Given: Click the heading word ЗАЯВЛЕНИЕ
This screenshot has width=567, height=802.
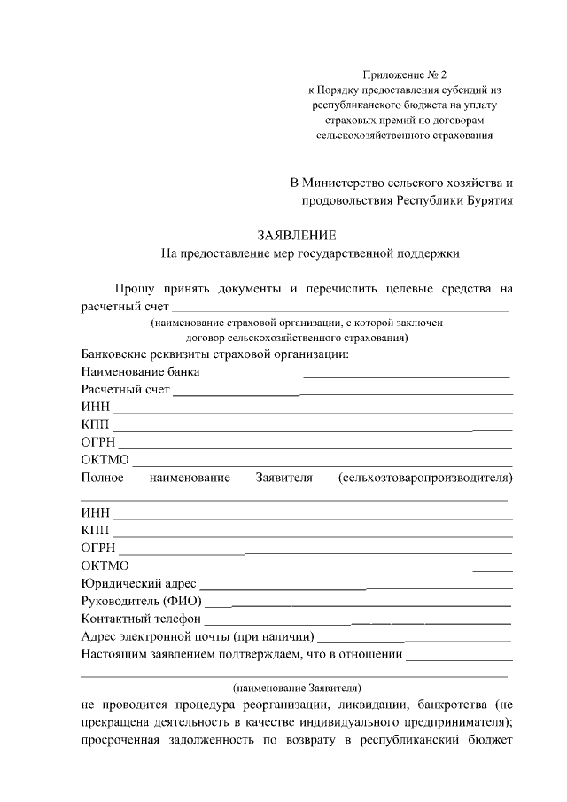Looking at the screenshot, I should click(x=297, y=235).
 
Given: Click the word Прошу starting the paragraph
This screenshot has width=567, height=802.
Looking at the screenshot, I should click(x=134, y=288).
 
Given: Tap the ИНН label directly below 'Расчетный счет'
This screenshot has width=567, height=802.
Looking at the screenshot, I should click(x=93, y=408).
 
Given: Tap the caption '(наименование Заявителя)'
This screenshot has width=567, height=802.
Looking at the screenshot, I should click(x=297, y=687).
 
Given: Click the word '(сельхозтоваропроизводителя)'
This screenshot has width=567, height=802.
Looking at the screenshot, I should click(x=425, y=478).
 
